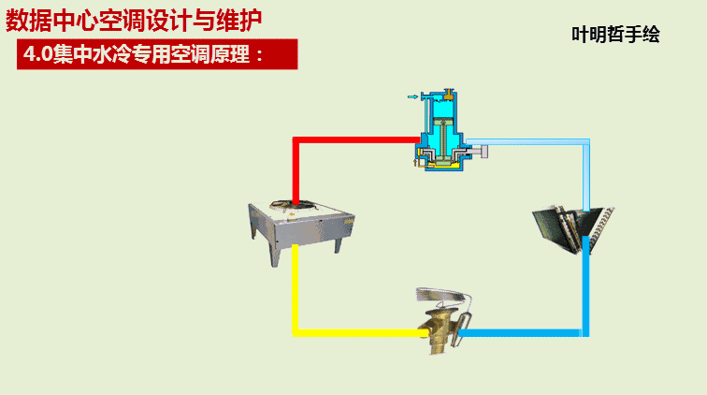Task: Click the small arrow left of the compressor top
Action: point(412,95)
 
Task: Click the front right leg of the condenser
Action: point(338,244)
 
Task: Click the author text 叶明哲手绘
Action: point(615,35)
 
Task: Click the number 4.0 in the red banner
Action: point(36,54)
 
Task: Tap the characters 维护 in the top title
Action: point(238,19)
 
